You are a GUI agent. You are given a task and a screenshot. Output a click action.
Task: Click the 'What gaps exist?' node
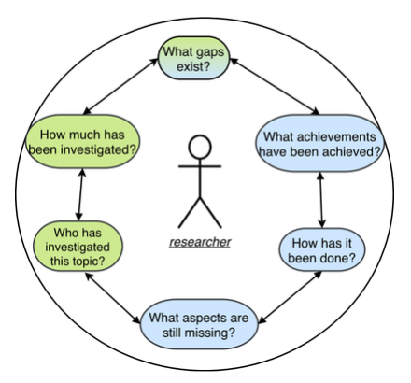point(193,59)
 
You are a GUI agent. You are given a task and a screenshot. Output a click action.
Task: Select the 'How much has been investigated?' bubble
point(82,142)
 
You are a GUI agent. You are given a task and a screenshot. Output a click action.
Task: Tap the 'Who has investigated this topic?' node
point(78,247)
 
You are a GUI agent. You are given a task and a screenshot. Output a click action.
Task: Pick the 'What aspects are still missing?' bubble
point(199,324)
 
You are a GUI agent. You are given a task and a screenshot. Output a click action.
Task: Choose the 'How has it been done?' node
point(321,250)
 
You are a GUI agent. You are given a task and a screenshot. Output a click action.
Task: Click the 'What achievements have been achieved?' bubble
point(319,144)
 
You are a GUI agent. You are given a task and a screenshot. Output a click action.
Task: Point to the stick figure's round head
point(200,147)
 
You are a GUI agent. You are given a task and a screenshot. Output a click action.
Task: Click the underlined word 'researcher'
point(200,242)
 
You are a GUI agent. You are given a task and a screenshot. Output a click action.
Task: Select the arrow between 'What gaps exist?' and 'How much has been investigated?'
point(120,86)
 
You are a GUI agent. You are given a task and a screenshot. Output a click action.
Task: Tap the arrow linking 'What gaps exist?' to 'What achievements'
point(275,86)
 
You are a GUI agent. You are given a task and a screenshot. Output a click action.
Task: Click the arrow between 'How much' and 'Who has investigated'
point(80,194)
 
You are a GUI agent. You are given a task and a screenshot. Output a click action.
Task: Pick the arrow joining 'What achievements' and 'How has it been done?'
point(321,200)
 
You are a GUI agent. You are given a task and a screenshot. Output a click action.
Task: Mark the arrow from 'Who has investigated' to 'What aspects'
point(113,298)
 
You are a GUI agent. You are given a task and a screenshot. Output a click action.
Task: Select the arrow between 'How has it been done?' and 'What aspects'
point(291,297)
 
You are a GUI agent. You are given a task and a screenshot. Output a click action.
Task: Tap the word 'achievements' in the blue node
point(335,136)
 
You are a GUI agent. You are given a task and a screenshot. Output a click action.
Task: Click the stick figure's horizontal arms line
point(200,166)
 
